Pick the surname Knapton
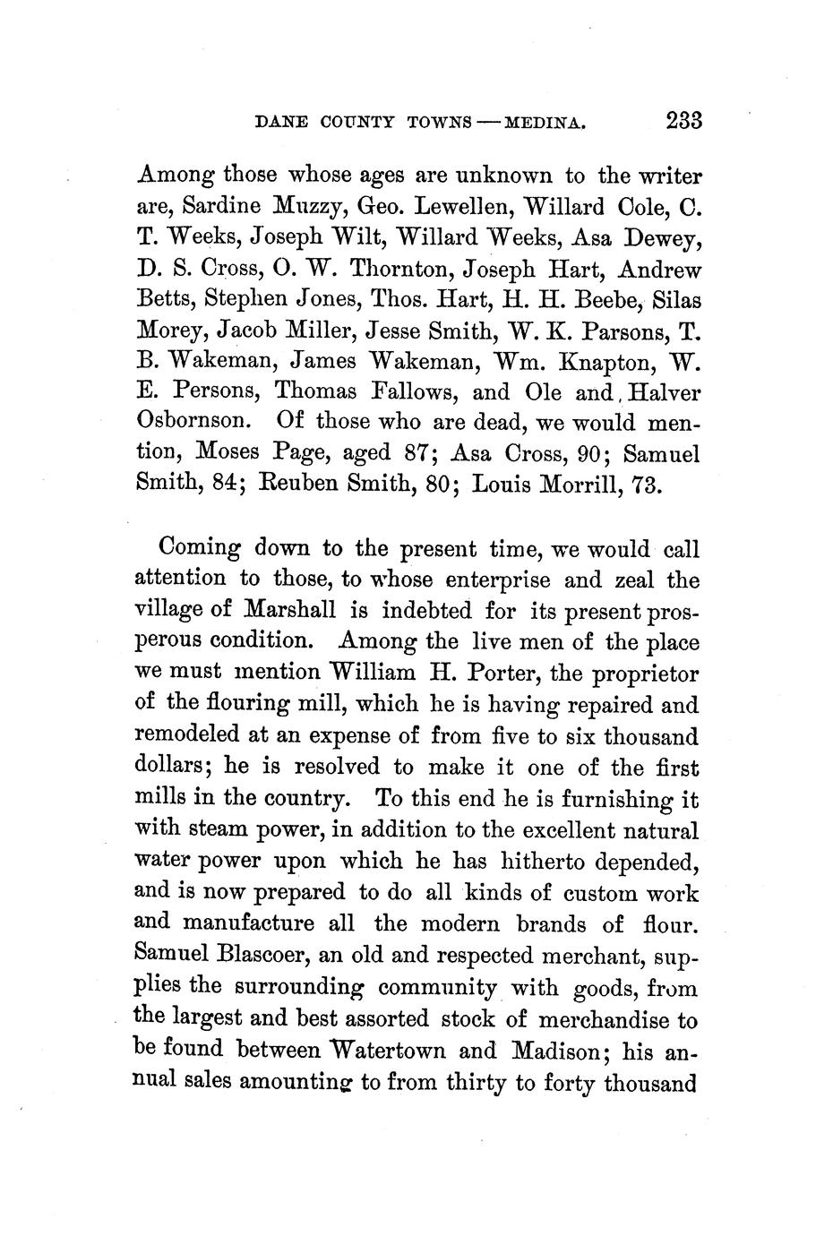(605, 361)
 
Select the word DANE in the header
(282, 123)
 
